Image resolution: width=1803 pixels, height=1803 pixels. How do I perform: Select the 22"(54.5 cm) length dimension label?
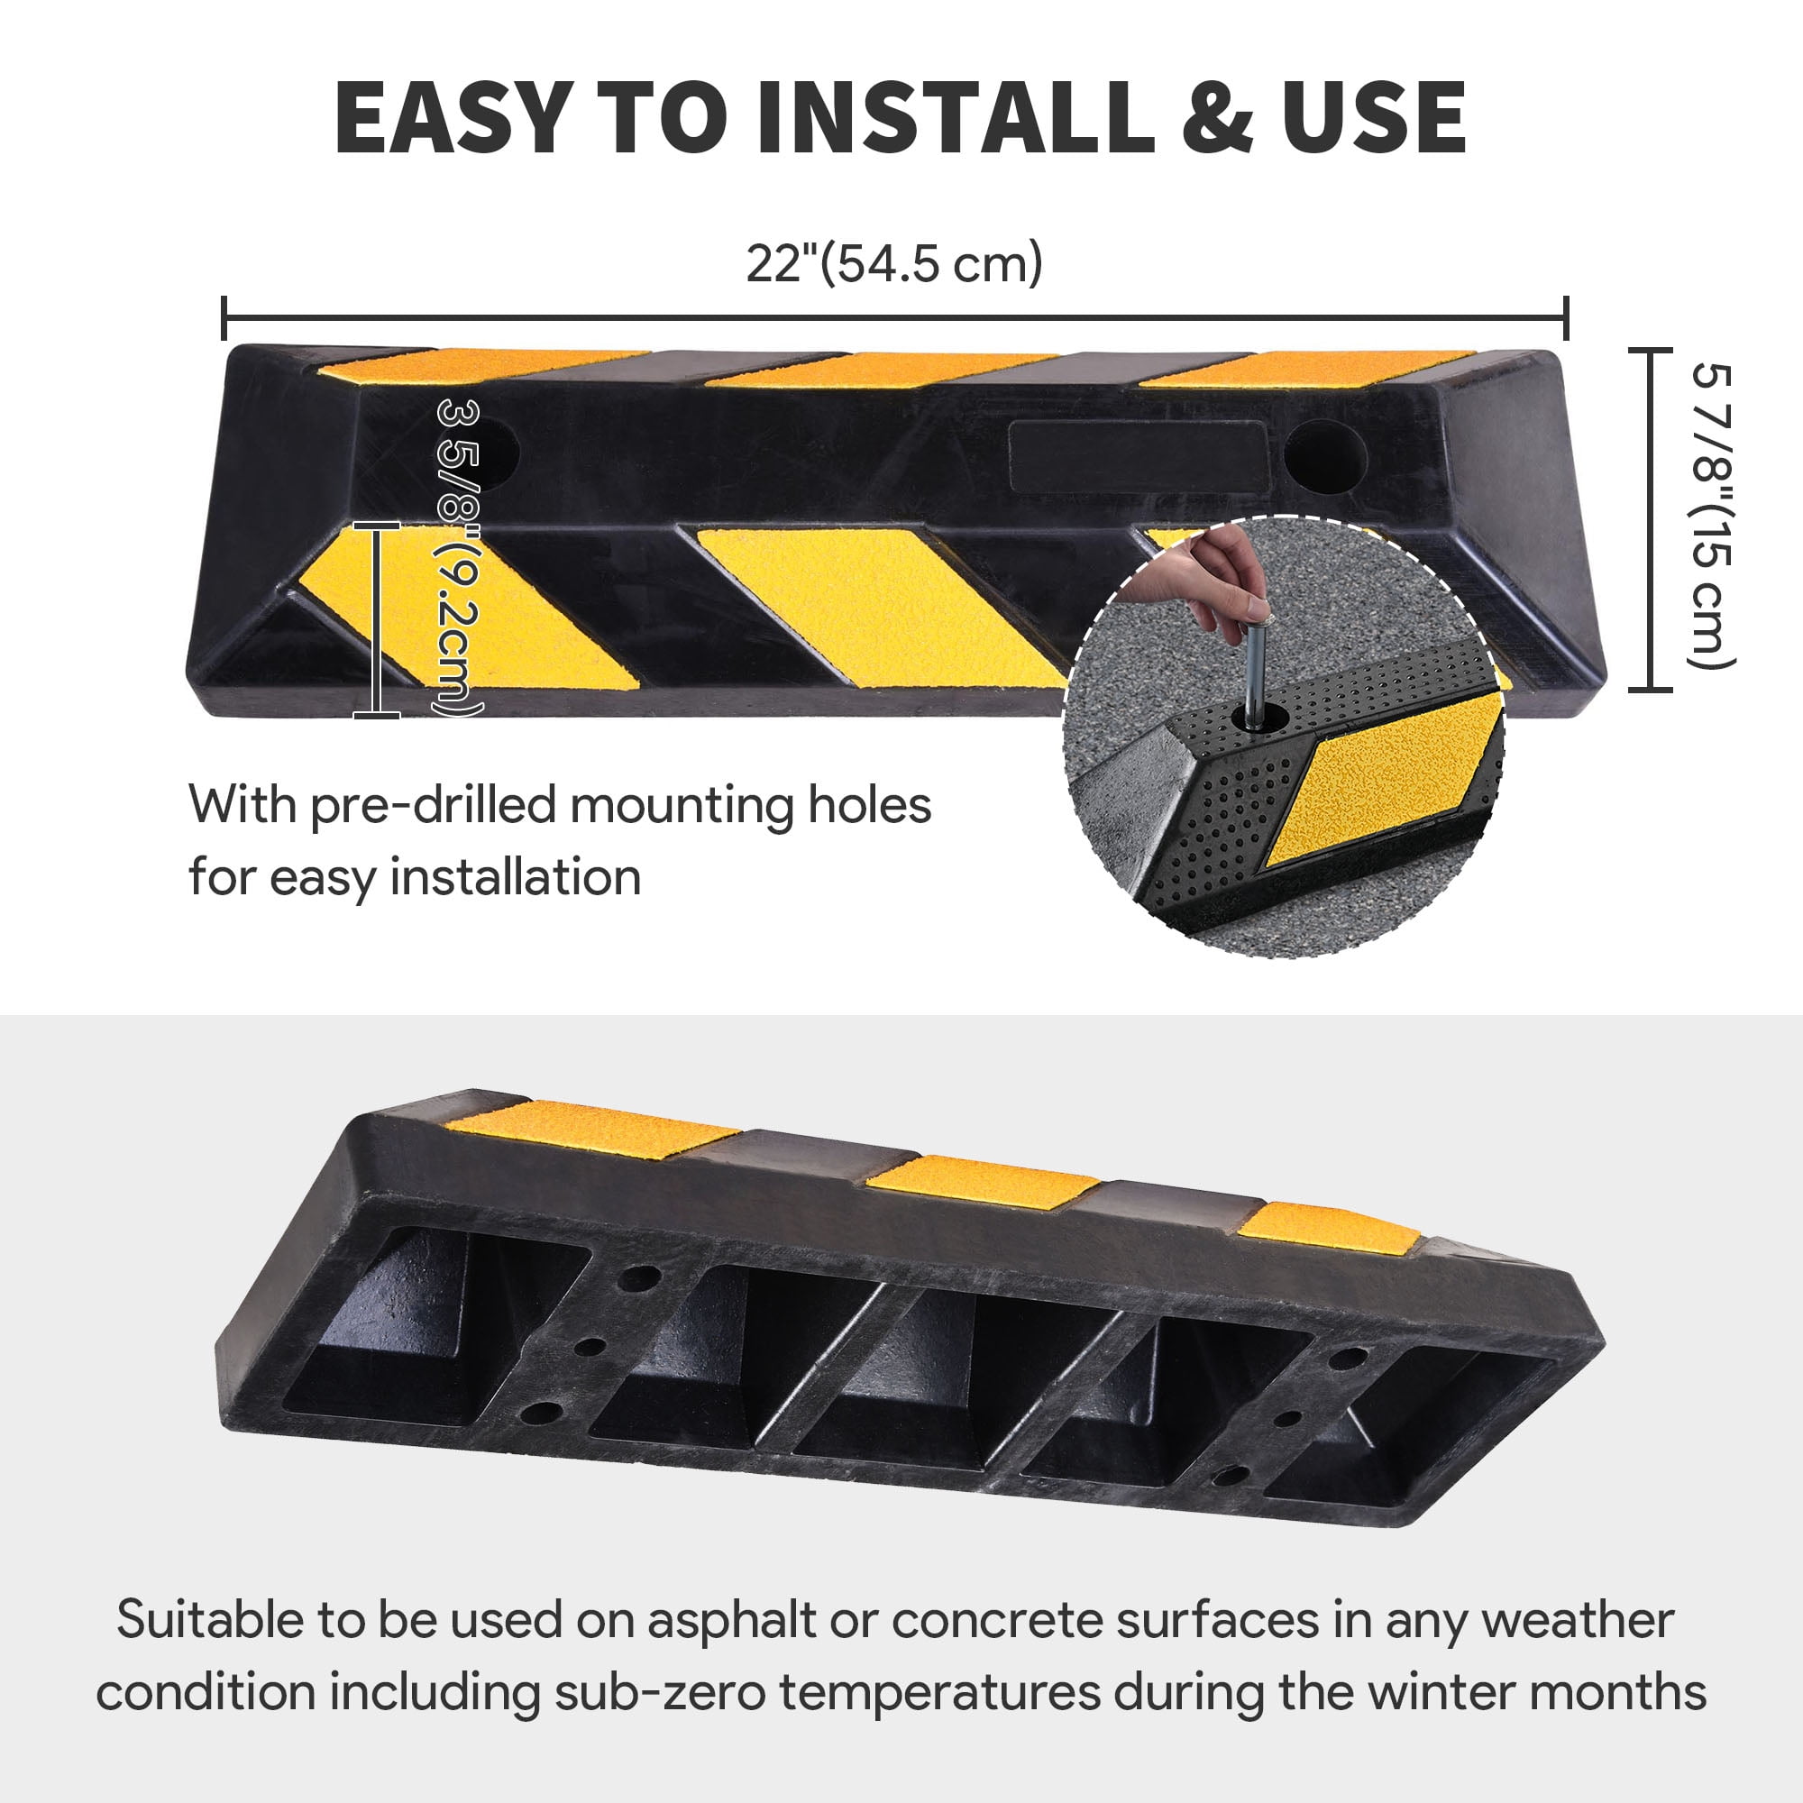[x=894, y=263]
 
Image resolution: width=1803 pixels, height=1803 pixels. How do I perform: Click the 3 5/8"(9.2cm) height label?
[x=459, y=559]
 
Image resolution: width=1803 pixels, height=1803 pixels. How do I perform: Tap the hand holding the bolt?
[x=1204, y=579]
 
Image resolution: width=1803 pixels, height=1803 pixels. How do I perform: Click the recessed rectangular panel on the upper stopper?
[x=1137, y=455]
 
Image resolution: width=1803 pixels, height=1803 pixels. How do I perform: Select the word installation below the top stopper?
[x=515, y=876]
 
